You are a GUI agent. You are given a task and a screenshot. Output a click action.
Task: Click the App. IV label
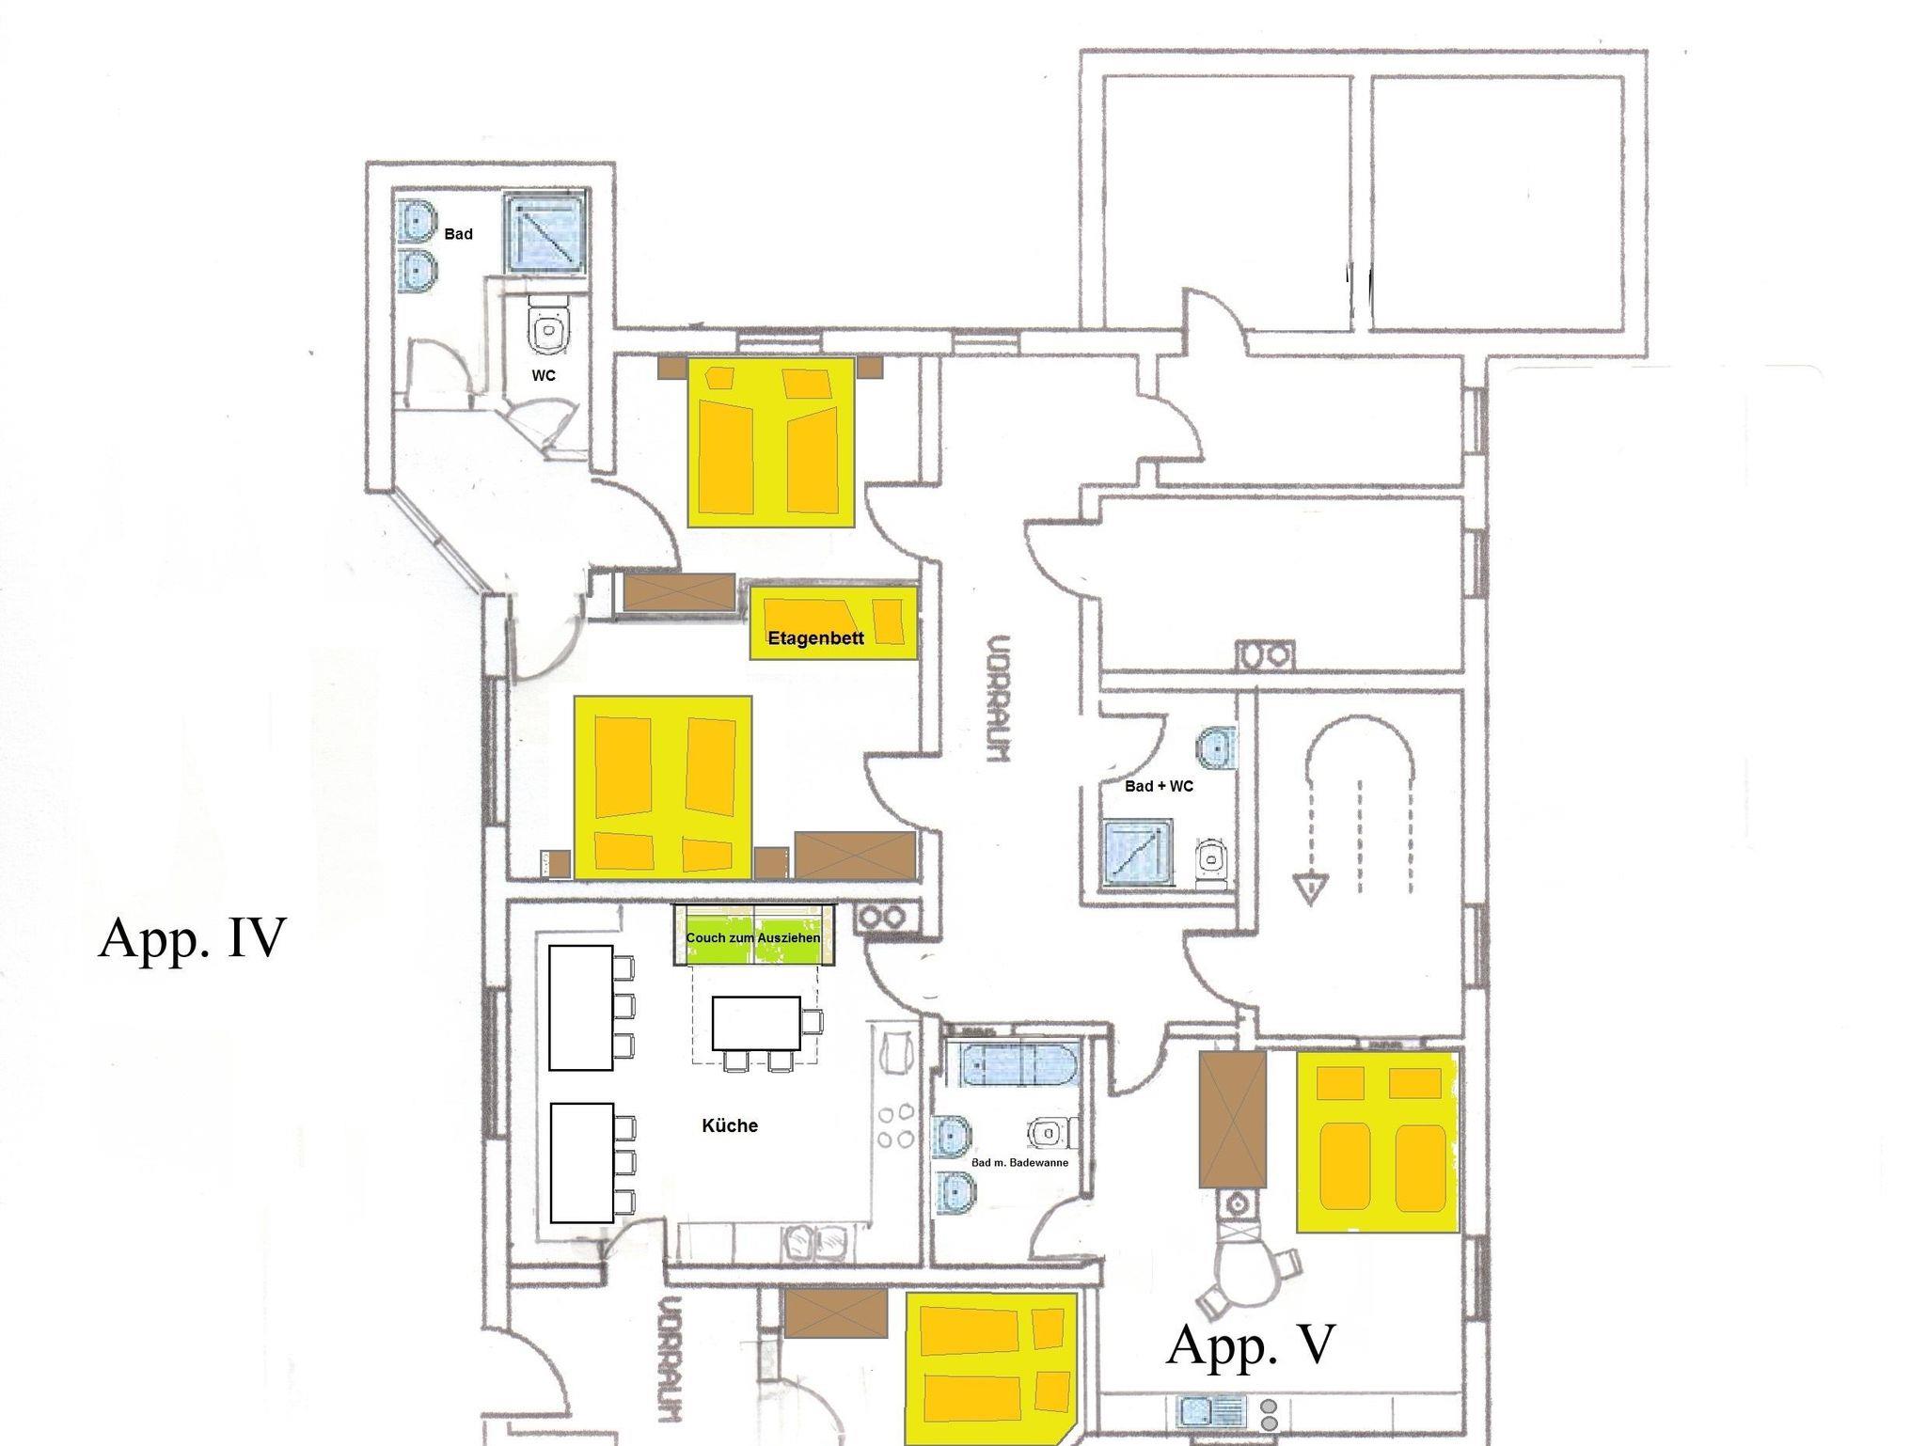192,937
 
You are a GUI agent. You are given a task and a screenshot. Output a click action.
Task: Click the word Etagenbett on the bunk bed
815,638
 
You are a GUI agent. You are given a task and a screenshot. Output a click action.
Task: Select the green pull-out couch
754,935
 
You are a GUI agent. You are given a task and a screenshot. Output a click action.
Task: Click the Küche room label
730,1125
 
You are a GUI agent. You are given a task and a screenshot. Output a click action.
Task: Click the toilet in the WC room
549,326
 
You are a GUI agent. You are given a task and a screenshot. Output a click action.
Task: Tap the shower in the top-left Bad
545,232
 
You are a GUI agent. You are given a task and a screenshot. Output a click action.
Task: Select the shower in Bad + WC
1138,854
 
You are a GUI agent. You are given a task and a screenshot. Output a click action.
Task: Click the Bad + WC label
1159,786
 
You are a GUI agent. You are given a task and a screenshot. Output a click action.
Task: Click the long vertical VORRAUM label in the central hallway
999,697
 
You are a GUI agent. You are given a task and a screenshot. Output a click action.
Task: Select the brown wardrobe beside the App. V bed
1232,1118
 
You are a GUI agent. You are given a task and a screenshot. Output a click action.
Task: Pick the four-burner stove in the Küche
895,1125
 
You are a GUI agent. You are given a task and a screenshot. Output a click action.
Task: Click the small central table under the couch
756,1023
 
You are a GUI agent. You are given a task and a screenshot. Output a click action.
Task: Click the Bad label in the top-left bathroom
458,234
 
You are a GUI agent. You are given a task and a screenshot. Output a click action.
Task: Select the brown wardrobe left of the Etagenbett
679,592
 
